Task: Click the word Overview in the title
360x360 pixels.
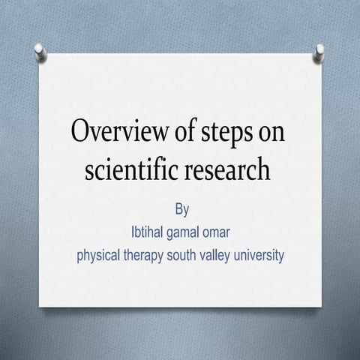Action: click(x=119, y=130)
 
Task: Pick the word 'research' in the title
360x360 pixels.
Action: click(x=227, y=168)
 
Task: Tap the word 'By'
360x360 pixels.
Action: click(x=181, y=209)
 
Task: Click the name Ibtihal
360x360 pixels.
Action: click(x=147, y=232)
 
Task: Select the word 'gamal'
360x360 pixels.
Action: click(x=183, y=233)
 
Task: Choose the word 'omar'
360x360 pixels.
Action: click(x=216, y=233)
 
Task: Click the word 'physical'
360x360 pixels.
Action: click(x=98, y=256)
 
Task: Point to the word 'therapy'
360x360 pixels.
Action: click(x=143, y=256)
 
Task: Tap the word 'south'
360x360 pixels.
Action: click(x=181, y=255)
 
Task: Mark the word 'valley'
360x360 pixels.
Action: click(x=215, y=256)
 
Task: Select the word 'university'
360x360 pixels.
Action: click(x=259, y=256)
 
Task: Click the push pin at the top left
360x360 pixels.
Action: click(x=40, y=52)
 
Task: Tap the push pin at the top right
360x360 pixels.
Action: click(x=319, y=53)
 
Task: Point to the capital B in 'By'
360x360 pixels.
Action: click(x=178, y=208)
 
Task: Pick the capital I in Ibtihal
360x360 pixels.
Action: click(x=133, y=232)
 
